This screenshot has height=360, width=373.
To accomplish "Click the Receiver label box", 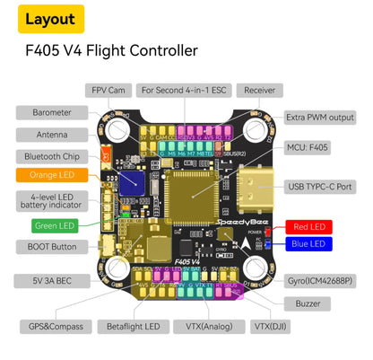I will click(259, 91).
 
